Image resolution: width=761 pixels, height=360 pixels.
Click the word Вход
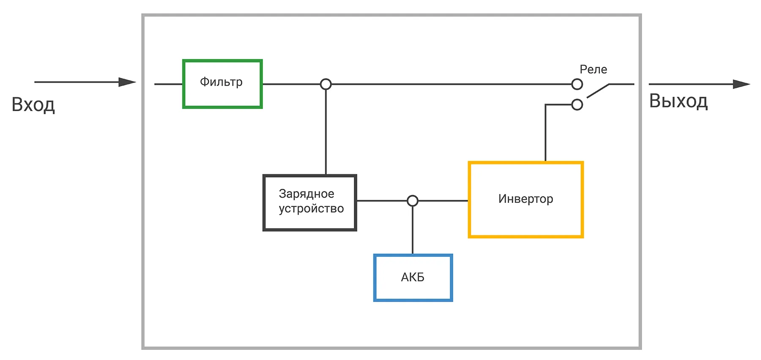[x=33, y=105]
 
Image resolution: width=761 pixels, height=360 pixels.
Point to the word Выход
[x=679, y=101]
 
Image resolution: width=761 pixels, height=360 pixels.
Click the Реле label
[x=593, y=69]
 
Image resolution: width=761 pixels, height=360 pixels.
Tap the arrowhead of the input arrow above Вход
[x=127, y=82]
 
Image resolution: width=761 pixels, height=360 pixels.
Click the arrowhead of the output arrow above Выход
[x=742, y=84]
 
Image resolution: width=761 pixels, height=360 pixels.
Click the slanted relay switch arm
[x=598, y=91]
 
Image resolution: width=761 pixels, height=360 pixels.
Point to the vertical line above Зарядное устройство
[x=326, y=132]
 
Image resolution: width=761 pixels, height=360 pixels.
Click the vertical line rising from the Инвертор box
[x=545, y=133]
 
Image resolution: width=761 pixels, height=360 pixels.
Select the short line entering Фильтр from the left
[x=169, y=84]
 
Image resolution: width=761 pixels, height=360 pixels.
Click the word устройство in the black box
[x=311, y=209]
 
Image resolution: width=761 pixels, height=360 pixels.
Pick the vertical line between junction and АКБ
[x=413, y=230]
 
